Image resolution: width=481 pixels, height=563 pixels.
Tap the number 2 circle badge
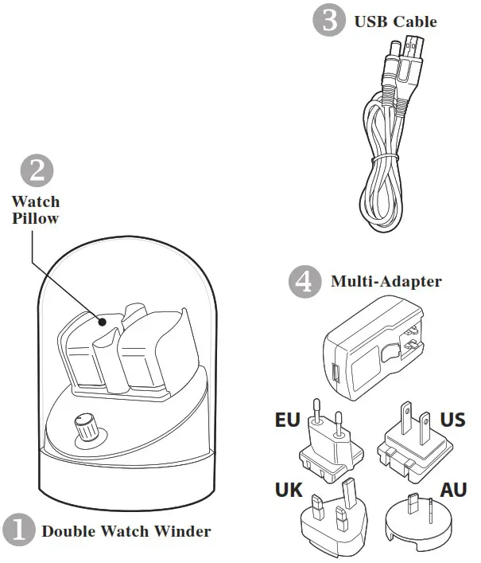point(36,171)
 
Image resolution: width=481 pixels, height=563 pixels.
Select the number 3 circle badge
point(329,21)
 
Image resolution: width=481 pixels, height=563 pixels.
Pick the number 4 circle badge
point(304,282)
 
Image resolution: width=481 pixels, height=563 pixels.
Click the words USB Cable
point(395,22)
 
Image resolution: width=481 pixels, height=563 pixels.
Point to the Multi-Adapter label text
point(386,282)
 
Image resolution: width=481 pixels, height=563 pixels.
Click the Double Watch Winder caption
point(126,531)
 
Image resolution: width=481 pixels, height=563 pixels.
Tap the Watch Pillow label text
point(35,210)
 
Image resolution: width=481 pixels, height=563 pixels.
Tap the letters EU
point(287,420)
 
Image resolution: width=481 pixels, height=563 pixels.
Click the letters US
point(452,420)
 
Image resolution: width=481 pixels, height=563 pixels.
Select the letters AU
point(454,490)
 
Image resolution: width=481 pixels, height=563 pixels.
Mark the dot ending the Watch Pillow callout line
point(103,321)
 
